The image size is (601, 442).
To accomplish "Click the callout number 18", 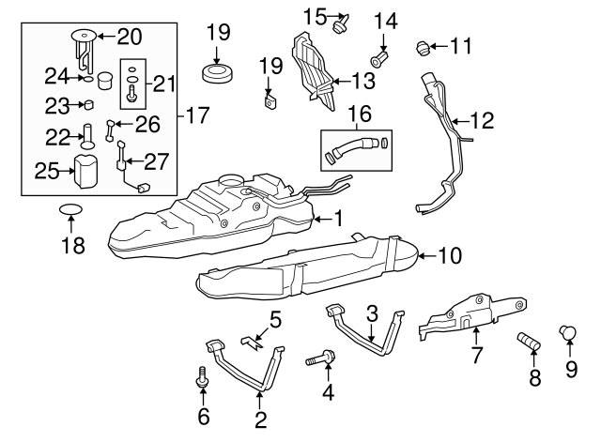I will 72,246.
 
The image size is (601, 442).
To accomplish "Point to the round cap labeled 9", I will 567,331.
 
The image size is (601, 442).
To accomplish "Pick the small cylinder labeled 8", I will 529,343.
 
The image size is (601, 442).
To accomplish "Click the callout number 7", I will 476,355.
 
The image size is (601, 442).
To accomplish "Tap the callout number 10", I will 450,254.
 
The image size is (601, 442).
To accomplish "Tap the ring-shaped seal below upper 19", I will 218,72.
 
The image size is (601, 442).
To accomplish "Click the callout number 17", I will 198,117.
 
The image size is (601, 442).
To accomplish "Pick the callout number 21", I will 164,84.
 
